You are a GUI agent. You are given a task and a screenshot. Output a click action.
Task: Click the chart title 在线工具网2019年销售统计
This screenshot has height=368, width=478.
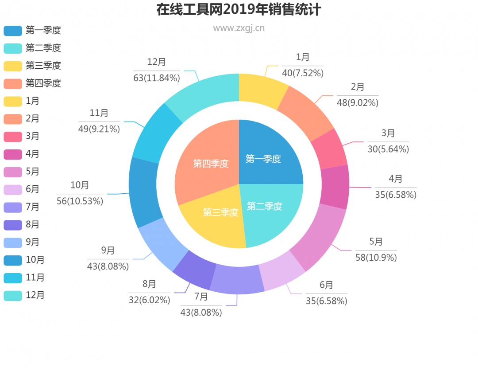(239, 9)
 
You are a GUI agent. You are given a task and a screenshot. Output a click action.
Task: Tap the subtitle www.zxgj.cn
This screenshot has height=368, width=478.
(239, 28)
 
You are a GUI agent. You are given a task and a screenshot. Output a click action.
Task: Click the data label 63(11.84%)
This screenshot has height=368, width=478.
(157, 78)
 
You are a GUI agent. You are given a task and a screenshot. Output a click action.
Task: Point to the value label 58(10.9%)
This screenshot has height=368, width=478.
(376, 258)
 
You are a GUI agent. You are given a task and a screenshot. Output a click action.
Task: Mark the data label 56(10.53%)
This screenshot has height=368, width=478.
(80, 201)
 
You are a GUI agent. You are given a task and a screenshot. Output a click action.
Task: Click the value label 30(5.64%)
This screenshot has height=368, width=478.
(388, 149)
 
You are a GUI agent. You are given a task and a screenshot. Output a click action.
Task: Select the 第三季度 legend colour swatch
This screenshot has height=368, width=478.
(13, 66)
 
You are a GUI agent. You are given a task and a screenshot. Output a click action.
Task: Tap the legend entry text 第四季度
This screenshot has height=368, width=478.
(43, 83)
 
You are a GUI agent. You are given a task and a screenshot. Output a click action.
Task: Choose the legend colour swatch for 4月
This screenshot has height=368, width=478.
(13, 154)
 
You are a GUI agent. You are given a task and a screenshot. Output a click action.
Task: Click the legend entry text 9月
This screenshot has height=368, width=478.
(33, 243)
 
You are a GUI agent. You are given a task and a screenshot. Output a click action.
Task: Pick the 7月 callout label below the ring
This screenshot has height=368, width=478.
(201, 296)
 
